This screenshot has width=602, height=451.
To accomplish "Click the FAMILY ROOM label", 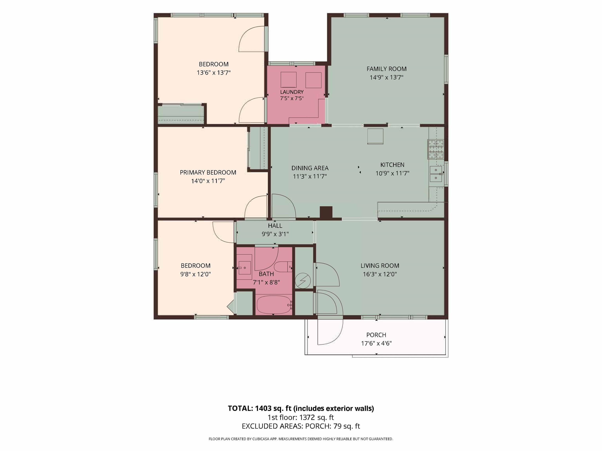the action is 386,69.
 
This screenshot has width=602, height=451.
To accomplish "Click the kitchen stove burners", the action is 435,149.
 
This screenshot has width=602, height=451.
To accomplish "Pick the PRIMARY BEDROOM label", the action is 208,172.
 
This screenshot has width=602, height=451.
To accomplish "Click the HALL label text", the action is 275,226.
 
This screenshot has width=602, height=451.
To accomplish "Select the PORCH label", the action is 376,335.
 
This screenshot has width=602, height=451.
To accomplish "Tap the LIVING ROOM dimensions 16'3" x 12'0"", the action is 380,274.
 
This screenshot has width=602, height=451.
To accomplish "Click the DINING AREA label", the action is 310,168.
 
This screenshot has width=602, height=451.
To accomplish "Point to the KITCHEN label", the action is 392,165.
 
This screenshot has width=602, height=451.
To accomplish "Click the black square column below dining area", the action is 326,213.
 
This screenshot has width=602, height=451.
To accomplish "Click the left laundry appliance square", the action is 288,80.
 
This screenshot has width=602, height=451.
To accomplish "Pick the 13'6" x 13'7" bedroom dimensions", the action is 214,73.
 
